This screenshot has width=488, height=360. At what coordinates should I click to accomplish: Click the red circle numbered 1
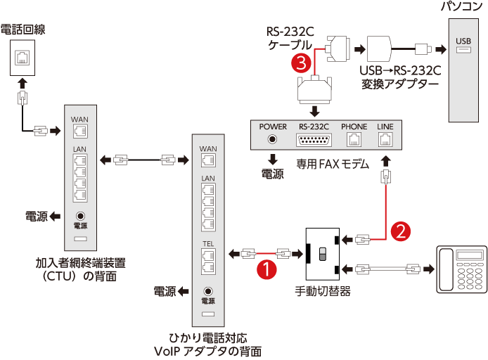coord(266,267)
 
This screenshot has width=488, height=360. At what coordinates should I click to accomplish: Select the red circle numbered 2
coord(400,230)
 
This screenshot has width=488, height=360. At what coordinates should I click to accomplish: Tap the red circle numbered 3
coord(300,63)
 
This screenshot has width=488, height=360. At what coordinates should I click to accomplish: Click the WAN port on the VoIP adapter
coord(208,160)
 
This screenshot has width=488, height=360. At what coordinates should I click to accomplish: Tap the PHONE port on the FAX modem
coord(354,140)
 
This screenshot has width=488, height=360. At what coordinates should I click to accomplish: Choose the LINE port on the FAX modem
coord(385,139)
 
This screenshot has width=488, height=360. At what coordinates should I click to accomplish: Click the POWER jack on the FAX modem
coord(273,139)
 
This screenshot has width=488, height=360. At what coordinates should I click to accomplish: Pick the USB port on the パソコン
coord(463,50)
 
